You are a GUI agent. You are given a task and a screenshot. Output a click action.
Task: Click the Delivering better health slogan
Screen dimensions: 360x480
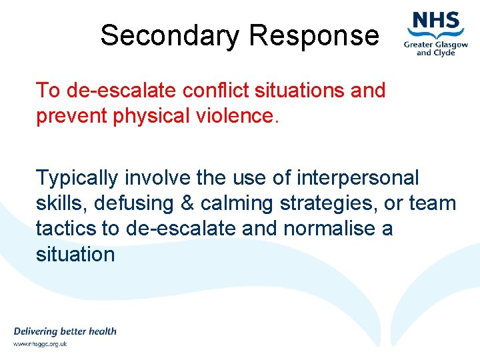click(65, 331)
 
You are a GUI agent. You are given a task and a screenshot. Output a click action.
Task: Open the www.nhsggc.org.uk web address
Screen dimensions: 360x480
click(40, 345)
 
